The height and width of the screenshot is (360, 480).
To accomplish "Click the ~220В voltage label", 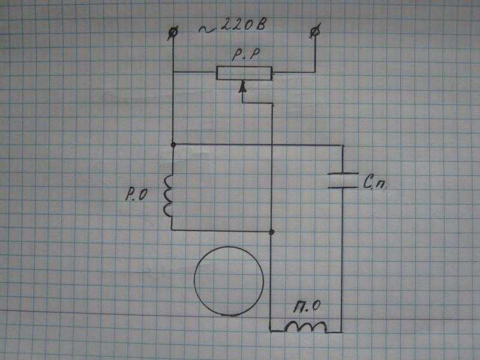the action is (233, 25).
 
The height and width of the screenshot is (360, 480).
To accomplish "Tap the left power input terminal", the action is (173, 33).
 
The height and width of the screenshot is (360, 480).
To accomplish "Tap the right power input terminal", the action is (316, 31).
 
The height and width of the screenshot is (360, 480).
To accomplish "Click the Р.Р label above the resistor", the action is (246, 55).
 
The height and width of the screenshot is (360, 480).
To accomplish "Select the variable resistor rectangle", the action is (244, 73).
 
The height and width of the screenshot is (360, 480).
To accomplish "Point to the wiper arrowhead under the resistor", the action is (243, 86).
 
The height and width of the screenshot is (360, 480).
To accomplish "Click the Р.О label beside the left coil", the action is (137, 194).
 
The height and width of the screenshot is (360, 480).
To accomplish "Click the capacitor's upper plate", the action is (343, 174).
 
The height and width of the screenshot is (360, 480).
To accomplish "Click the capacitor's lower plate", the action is (343, 187).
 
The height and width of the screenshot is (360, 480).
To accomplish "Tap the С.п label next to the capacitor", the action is (374, 182).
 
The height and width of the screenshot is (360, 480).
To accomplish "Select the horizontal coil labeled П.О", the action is (305, 326).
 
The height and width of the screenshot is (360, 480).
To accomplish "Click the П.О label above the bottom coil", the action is (307, 307).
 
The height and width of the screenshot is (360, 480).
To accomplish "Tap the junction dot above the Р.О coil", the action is (173, 145).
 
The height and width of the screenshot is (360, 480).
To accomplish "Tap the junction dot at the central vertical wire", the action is (271, 232).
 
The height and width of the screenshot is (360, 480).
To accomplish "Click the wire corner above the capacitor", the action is (343, 145).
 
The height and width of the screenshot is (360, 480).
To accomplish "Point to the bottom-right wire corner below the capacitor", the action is (341, 332).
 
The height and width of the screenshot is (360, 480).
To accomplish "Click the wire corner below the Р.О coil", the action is (172, 229).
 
